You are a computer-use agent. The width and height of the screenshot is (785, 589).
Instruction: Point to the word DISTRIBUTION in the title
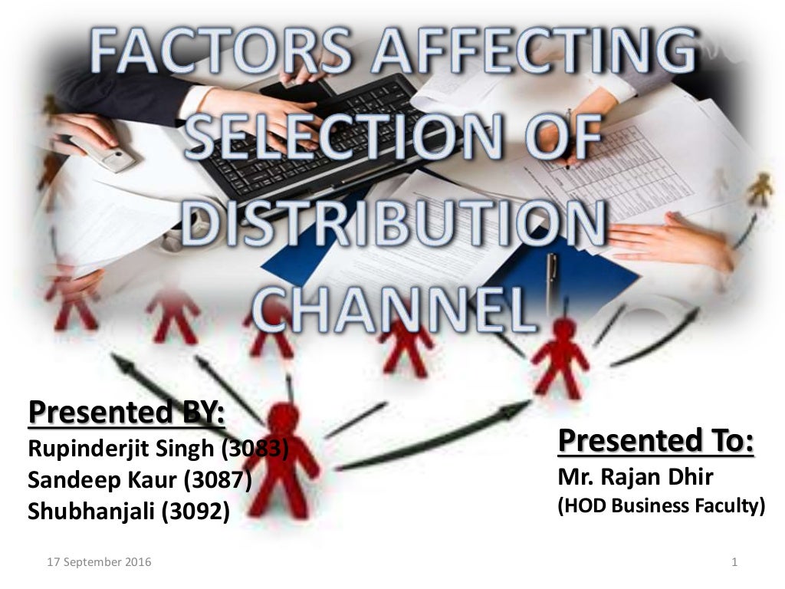[x=392, y=225]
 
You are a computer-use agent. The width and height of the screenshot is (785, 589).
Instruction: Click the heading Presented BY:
[x=126, y=413]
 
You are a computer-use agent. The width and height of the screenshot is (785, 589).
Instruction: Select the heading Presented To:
[x=655, y=441]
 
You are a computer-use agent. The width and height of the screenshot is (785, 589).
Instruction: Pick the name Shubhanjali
[x=92, y=512]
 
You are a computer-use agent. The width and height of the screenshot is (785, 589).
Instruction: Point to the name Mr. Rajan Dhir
[x=636, y=477]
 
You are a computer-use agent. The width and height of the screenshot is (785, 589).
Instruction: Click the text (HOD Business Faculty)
[x=661, y=506]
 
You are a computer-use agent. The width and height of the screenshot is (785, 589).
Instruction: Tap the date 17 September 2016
[x=99, y=562]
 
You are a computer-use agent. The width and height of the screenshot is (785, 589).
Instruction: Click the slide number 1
[x=734, y=562]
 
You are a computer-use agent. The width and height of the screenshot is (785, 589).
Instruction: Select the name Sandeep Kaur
[x=103, y=480]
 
